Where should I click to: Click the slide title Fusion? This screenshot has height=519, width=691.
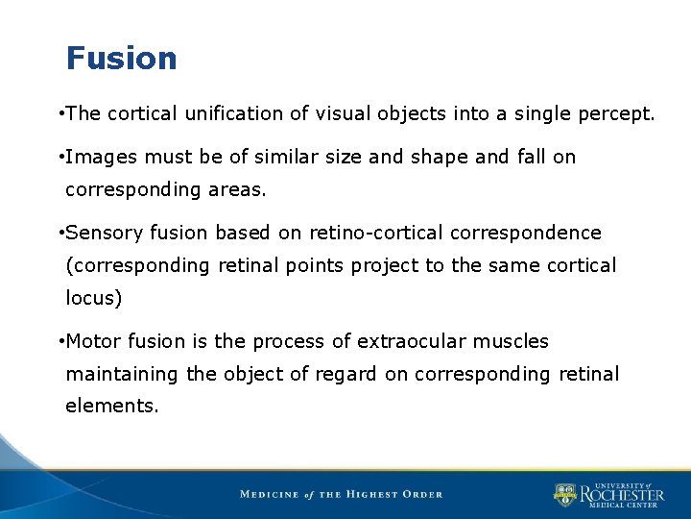pos(121,59)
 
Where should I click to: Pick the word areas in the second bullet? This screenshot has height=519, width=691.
pos(236,189)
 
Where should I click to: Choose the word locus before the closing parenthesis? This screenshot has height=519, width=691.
pos(90,298)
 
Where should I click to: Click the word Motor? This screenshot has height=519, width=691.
pos(94,341)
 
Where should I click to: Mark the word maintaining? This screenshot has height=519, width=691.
pos(122,374)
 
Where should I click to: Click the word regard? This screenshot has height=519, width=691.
pos(346,374)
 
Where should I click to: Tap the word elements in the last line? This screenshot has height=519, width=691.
pos(109,407)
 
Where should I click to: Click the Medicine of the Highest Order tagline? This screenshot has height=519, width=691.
pos(342,494)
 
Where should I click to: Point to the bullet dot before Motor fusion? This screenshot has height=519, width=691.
pos(60,341)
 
